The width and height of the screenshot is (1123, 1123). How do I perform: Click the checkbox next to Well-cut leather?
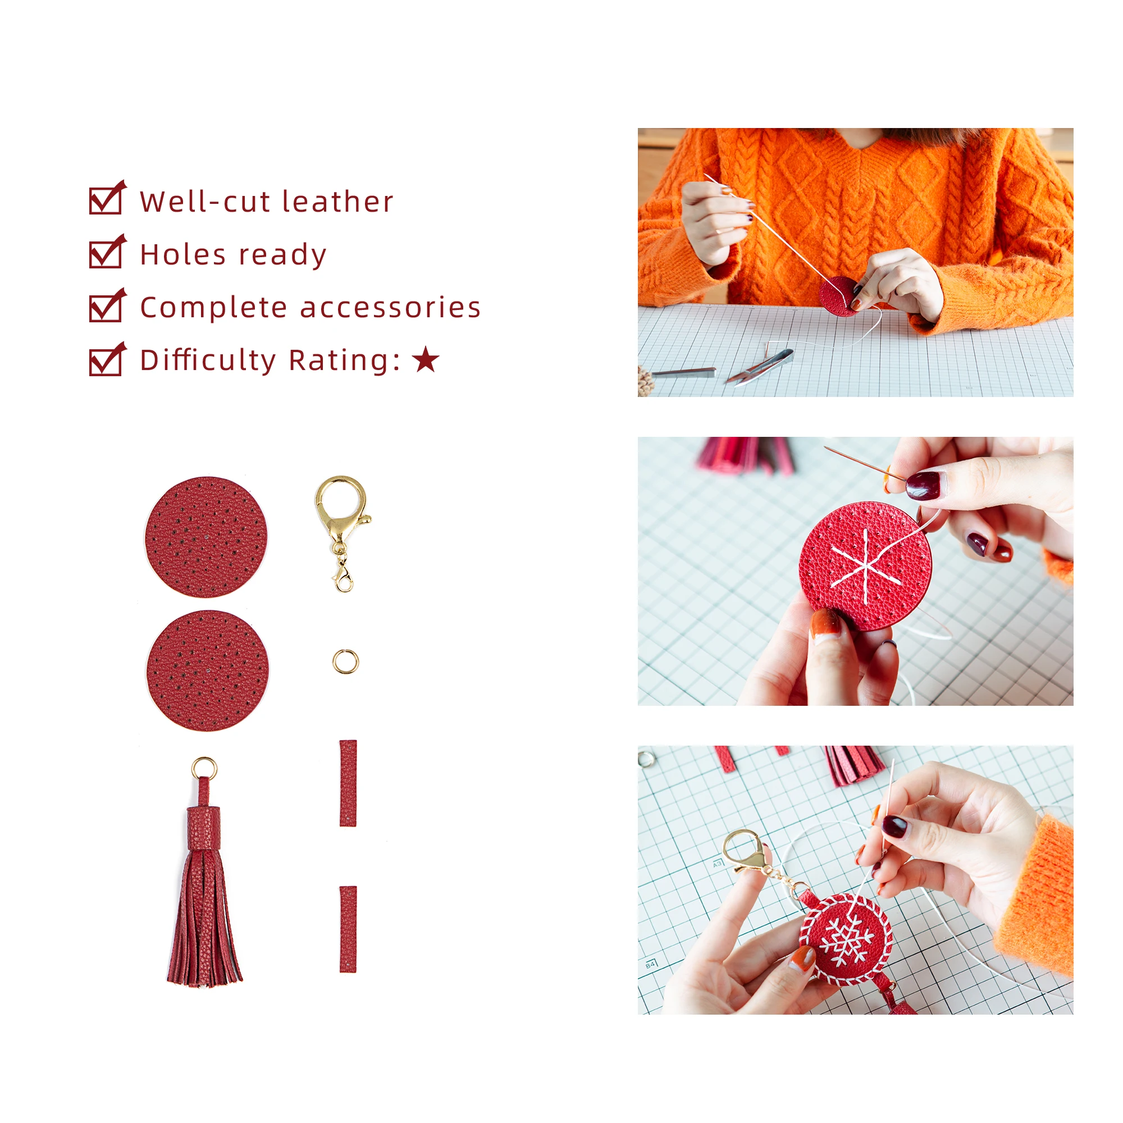(106, 200)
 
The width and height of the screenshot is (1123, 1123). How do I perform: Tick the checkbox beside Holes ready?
(106, 254)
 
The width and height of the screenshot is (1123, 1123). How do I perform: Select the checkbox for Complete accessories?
(106, 308)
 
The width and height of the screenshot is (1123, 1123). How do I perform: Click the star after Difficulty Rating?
(426, 360)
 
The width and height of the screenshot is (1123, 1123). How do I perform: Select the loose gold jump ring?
(346, 661)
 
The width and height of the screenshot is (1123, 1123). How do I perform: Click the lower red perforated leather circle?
(208, 670)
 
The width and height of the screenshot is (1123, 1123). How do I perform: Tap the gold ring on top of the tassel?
(204, 769)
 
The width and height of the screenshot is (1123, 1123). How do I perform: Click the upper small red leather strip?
(348, 783)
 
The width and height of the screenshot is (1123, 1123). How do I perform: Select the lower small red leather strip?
(348, 929)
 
